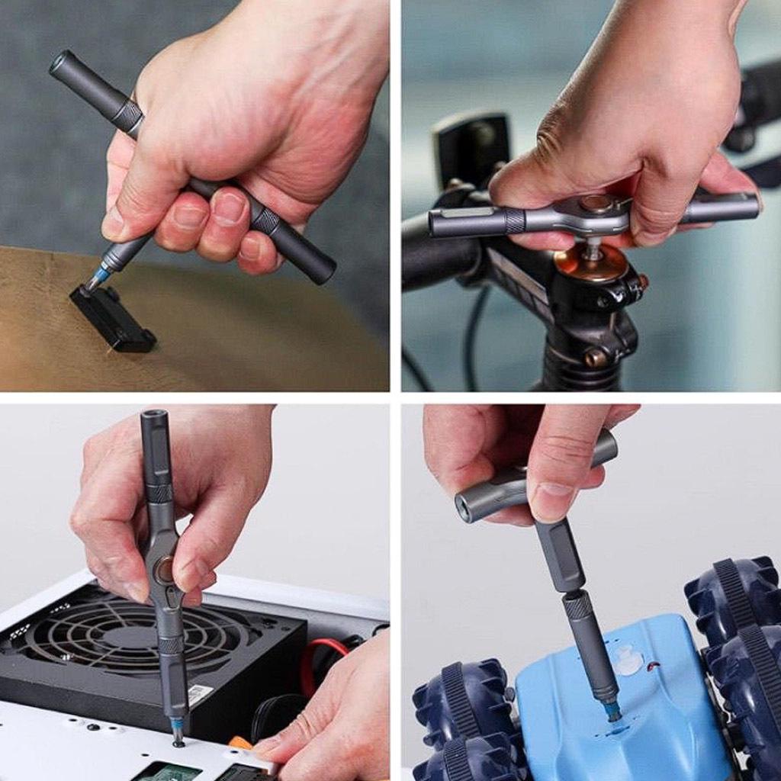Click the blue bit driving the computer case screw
177,724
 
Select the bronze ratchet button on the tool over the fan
163,570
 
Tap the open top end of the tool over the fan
153,417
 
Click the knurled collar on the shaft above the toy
577,606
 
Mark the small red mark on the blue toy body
653,667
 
